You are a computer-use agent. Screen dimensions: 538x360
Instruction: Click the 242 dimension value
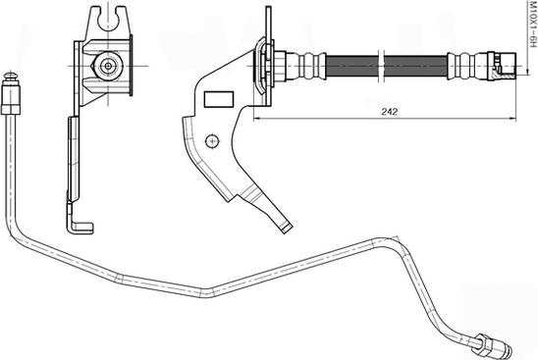(x=389, y=112)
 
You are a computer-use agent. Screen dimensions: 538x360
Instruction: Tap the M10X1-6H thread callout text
(x=532, y=24)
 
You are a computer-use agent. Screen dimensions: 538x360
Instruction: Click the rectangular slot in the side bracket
(x=219, y=100)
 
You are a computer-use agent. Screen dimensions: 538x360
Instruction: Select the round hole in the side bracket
(x=212, y=140)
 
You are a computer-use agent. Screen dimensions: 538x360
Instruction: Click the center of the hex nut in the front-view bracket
(x=108, y=66)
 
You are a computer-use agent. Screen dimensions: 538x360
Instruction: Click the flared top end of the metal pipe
(x=10, y=76)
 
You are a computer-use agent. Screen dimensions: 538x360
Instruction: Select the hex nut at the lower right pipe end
(x=480, y=343)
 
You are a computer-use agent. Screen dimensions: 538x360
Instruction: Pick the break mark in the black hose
(x=381, y=67)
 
